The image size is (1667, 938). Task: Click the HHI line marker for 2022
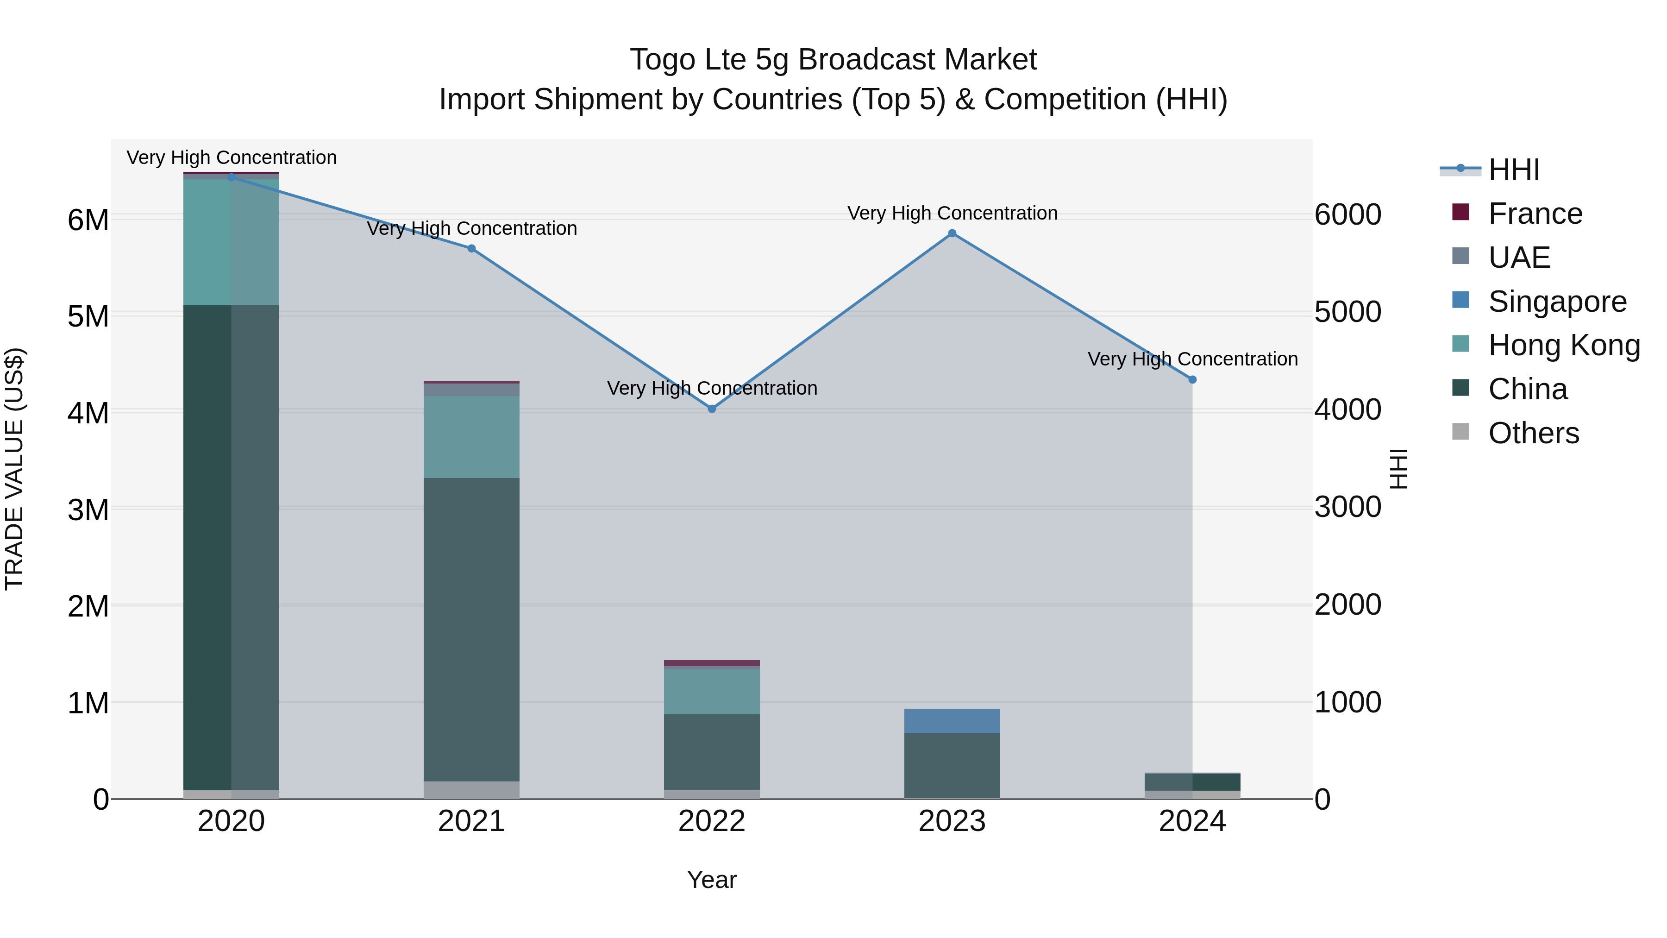click(712, 409)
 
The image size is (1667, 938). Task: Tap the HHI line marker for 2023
click(952, 233)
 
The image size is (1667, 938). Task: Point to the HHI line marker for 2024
click(1193, 380)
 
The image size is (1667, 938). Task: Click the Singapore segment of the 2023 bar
click(952, 720)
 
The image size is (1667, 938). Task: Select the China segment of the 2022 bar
click(712, 751)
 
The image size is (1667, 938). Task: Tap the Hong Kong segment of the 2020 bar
click(231, 241)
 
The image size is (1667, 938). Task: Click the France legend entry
click(1535, 214)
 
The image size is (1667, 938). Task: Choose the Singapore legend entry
click(1557, 302)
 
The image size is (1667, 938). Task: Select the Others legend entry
click(1533, 433)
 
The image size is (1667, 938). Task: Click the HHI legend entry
click(1514, 170)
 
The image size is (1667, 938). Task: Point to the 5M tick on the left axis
click(88, 316)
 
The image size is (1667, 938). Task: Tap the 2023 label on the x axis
click(952, 821)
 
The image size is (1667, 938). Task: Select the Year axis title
click(712, 880)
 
